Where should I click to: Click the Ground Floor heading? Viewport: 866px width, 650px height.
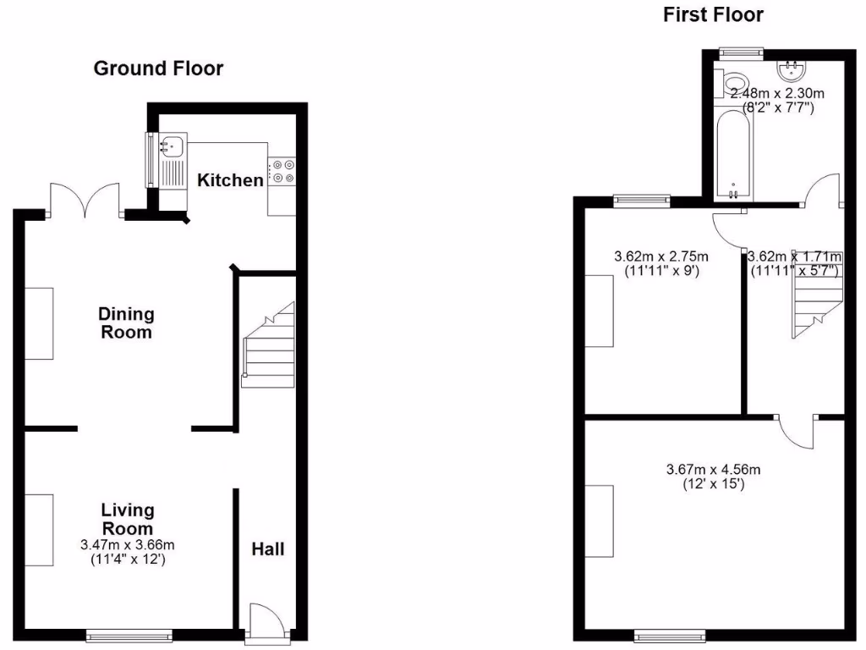[158, 69]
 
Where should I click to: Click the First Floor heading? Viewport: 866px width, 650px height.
[713, 14]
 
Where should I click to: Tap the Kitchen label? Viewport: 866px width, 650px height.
[230, 179]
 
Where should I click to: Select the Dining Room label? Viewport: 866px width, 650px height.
[127, 322]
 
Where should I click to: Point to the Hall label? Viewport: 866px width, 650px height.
[267, 548]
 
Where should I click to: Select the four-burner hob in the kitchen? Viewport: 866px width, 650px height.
[282, 171]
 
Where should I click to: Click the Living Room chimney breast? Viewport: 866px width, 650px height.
[39, 528]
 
